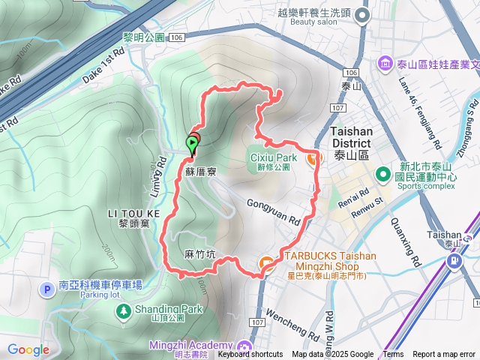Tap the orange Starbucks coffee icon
[265, 262]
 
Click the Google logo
[28, 349]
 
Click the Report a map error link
[444, 355]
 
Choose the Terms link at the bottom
[393, 355]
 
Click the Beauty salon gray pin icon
[363, 15]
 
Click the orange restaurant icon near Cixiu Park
[312, 157]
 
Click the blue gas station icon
[454, 261]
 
